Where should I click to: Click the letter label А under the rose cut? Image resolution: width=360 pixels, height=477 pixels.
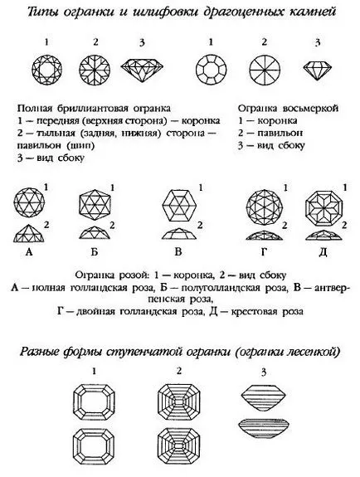coord(29,252)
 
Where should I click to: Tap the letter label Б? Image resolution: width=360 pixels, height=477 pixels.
coord(95,252)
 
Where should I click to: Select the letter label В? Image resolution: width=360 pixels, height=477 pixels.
coord(178,252)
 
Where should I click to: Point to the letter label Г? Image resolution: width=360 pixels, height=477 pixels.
coord(264,252)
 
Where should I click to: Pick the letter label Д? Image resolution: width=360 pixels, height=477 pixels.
coord(323,252)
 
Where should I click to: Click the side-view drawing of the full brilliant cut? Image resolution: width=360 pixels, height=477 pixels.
coord(142,70)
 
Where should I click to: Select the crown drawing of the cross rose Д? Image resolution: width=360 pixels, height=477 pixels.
coord(324,207)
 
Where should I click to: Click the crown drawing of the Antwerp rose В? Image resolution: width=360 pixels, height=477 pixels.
coord(178,207)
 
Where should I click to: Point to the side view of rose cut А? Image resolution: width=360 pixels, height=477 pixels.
coord(29,233)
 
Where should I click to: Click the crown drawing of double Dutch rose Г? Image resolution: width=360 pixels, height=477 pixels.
coord(265,207)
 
